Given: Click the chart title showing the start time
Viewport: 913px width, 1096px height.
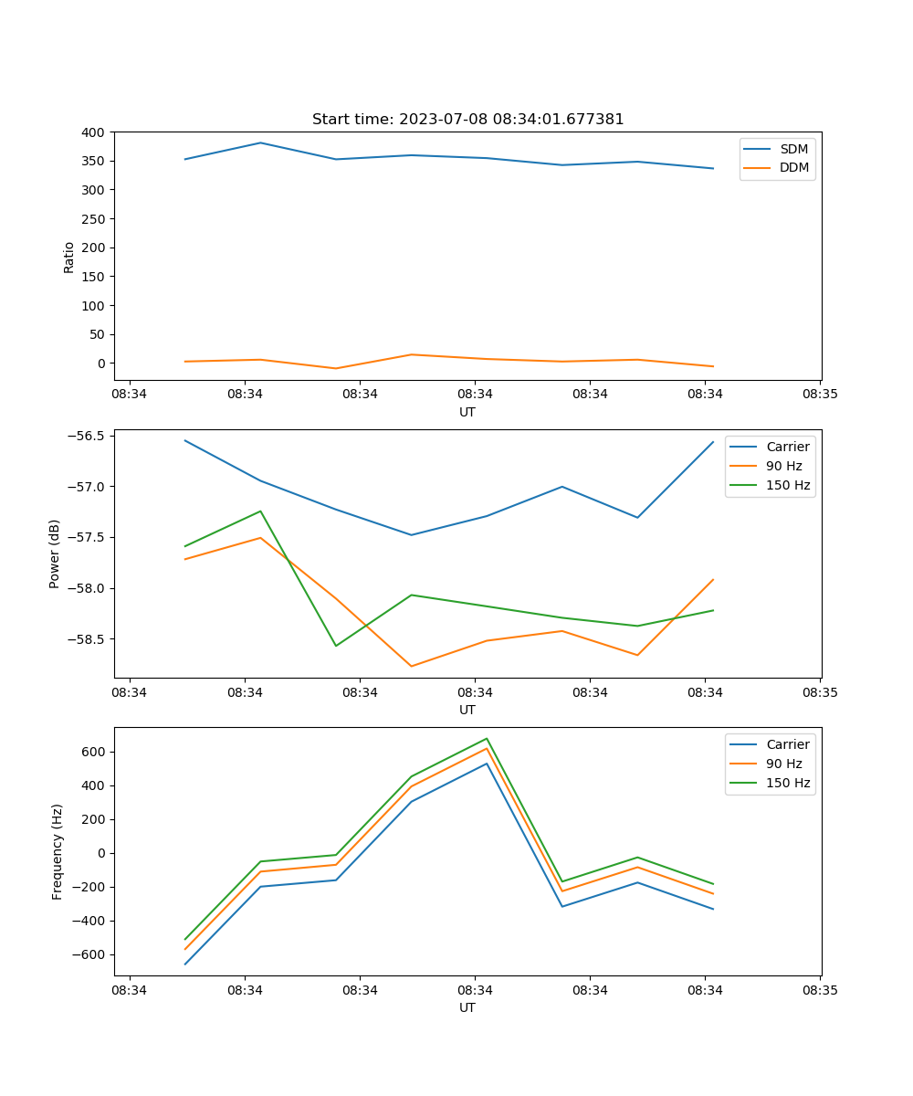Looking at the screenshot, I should [x=467, y=120].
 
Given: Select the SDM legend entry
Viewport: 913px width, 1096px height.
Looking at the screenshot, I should [x=793, y=149].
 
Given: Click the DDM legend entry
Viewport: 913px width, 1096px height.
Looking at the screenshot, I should [x=793, y=167].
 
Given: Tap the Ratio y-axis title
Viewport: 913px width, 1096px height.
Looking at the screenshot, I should [x=69, y=257].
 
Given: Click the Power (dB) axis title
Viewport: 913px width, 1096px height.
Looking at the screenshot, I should [x=55, y=553].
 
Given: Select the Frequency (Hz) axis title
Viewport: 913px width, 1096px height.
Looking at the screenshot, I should [x=58, y=851].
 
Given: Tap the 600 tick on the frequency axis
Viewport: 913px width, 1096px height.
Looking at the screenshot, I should [x=94, y=752].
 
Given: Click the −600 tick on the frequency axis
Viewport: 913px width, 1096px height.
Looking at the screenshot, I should [x=90, y=954].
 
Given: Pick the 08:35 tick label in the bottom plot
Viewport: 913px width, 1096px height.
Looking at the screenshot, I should [x=820, y=990].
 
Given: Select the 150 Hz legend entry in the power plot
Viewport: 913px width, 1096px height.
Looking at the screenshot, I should [x=788, y=485].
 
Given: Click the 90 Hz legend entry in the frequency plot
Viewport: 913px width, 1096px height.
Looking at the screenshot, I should [x=784, y=764].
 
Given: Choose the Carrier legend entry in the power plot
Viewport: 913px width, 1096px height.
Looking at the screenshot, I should [x=787, y=447].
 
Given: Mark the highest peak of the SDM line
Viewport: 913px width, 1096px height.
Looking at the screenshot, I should [x=260, y=142].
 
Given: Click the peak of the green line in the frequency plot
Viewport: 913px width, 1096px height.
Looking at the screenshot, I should [x=487, y=739].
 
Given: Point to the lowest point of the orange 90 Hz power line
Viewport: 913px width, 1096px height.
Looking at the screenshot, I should [x=411, y=666].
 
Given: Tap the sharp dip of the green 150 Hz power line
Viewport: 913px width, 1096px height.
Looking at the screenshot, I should [x=336, y=646].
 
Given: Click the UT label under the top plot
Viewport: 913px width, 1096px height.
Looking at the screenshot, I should [x=467, y=412].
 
